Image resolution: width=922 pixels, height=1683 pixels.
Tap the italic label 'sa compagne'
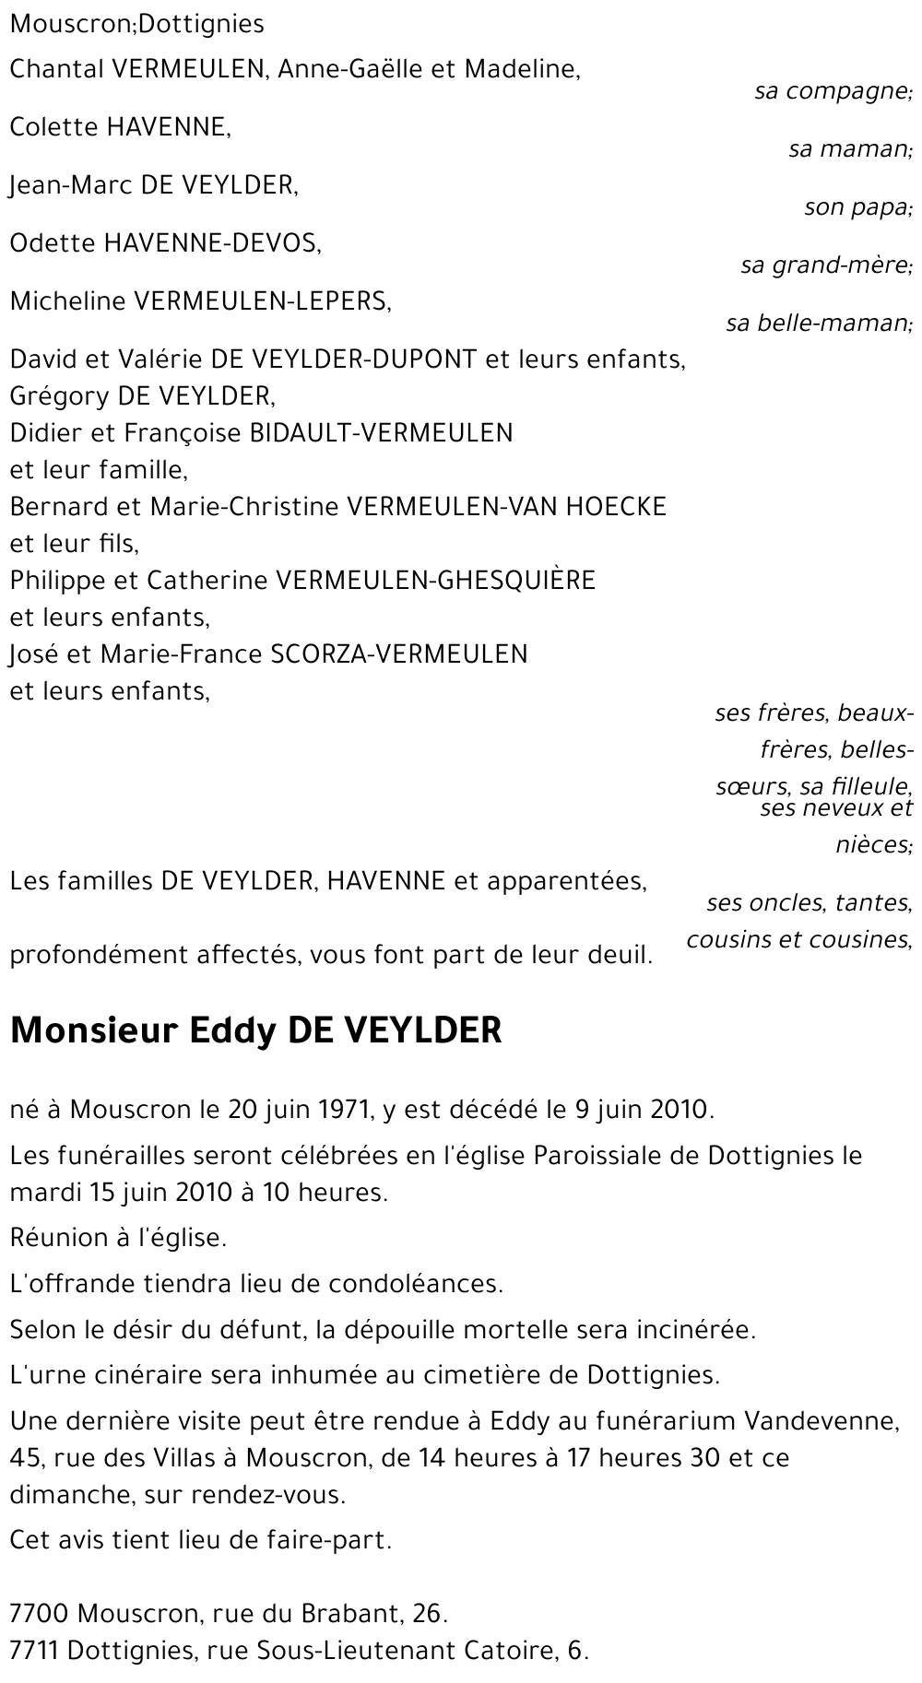click(x=832, y=91)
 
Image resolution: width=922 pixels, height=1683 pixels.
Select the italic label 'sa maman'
click(x=848, y=148)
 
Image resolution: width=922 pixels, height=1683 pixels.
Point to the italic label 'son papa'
click(x=857, y=207)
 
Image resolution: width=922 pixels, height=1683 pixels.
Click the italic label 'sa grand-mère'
click(x=825, y=265)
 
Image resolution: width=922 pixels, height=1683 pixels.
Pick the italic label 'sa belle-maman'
click(x=818, y=324)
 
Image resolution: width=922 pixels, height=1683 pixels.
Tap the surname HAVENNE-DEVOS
click(x=211, y=243)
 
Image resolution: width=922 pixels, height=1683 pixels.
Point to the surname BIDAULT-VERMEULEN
click(x=382, y=433)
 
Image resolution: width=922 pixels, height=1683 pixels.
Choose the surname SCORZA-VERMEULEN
click(x=399, y=654)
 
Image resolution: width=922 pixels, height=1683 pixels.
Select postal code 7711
click(x=35, y=1650)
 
